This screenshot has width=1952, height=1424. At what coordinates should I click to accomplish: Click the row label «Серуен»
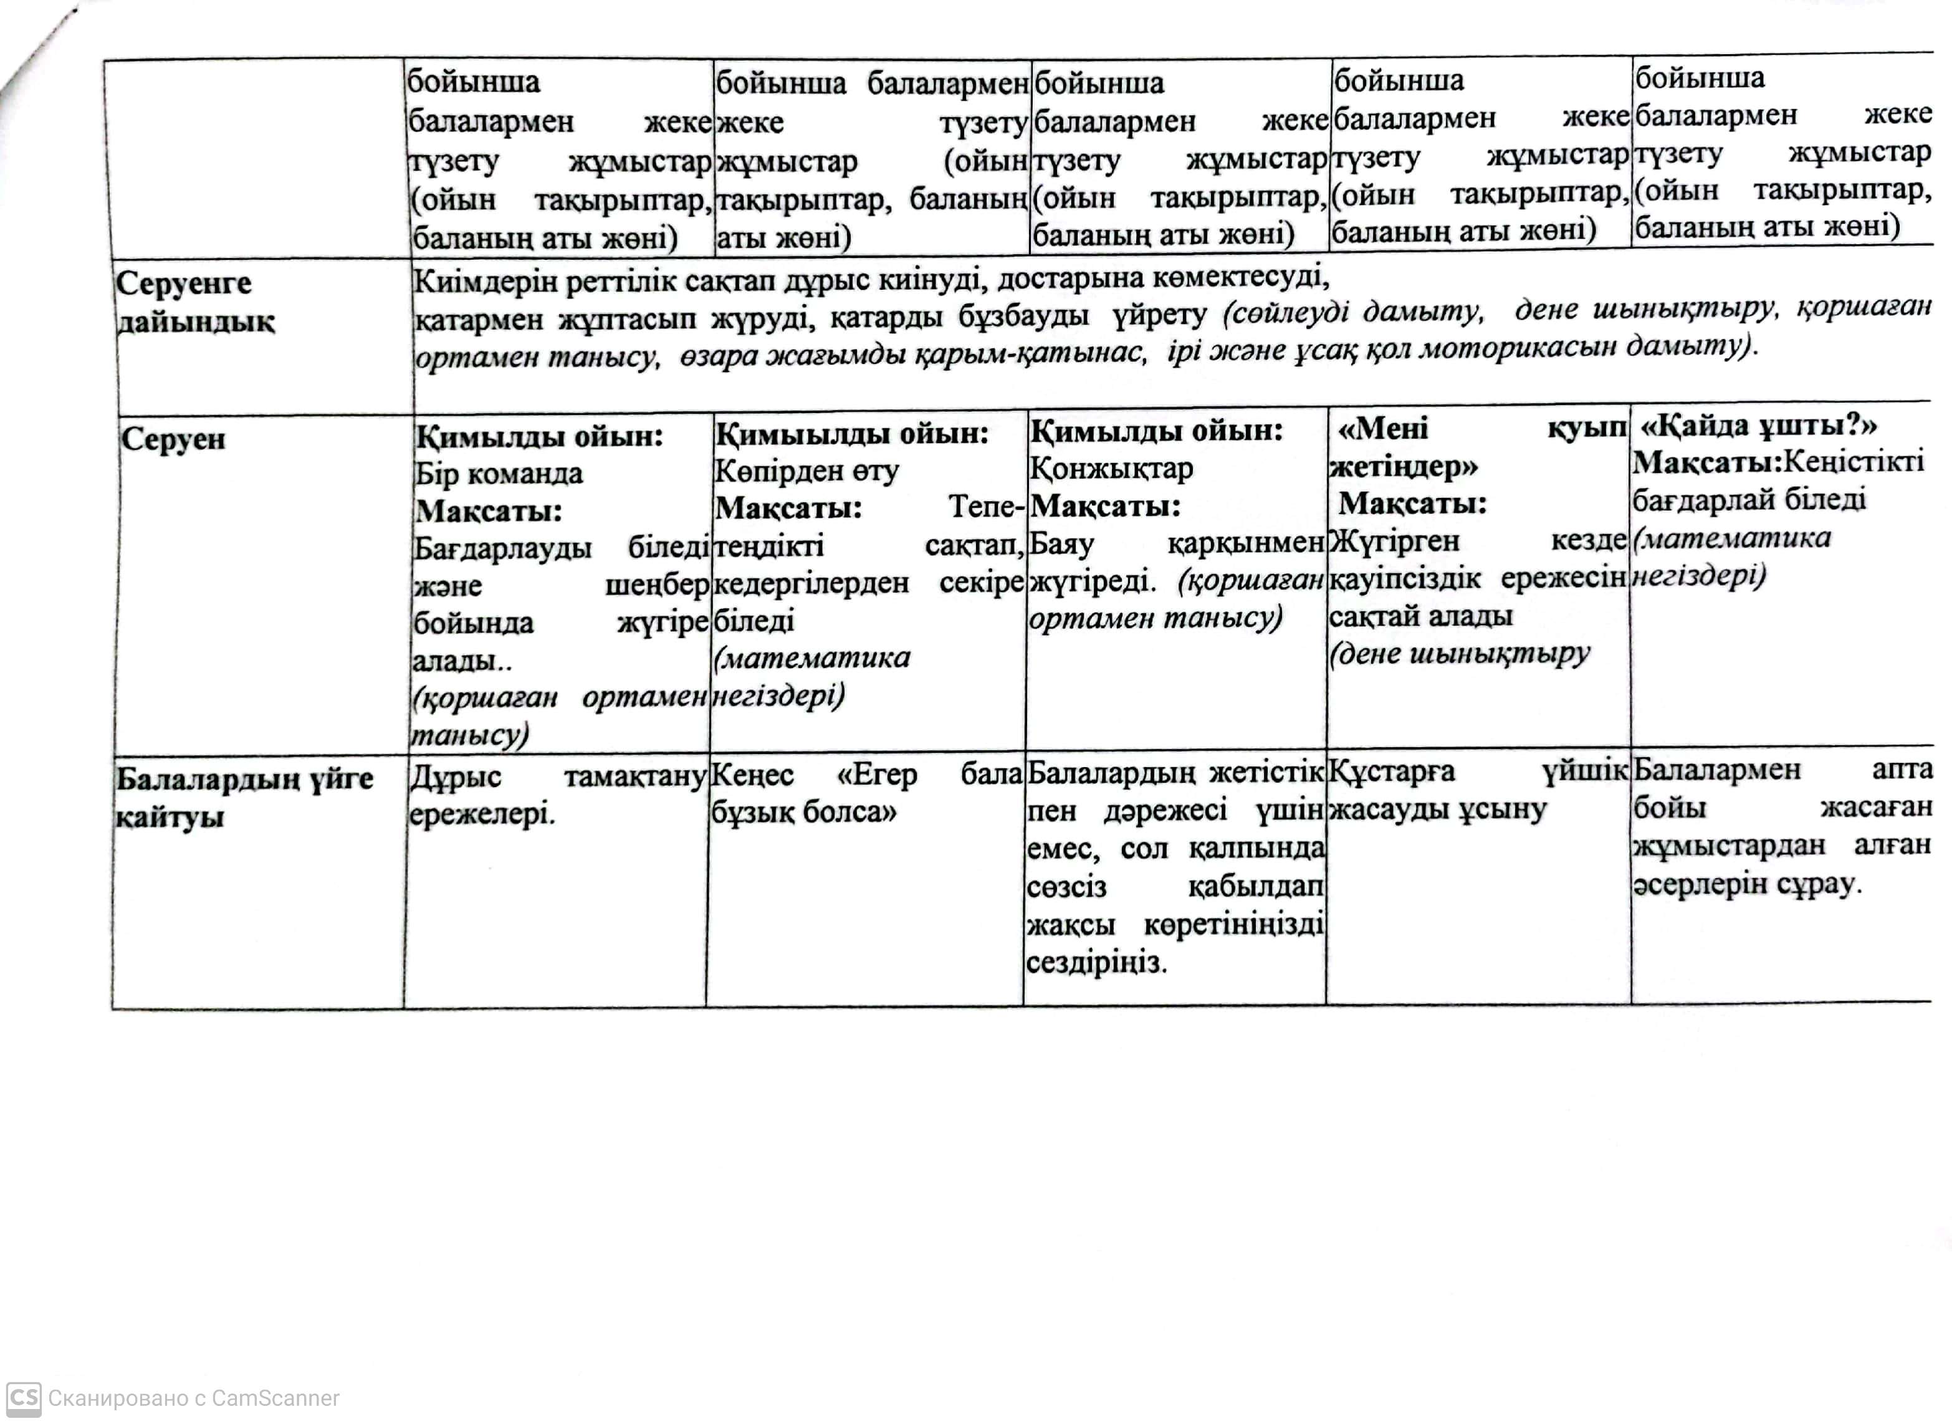[173, 439]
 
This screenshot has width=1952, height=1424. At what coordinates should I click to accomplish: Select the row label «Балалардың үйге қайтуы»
[244, 797]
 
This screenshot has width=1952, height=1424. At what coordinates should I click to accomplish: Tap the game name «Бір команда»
[498, 473]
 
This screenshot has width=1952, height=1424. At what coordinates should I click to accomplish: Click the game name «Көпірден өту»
[806, 471]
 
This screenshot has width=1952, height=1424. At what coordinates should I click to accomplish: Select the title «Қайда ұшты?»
[1758, 425]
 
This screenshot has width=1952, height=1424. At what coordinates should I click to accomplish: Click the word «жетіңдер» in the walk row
[1403, 466]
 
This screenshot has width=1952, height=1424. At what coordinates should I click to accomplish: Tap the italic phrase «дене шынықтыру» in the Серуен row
[1460, 654]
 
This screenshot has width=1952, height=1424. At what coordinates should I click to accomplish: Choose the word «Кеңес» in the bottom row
[752, 774]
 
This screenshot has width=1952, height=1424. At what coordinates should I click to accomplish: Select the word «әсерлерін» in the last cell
[1687, 884]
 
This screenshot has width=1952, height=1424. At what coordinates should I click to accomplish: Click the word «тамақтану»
[634, 776]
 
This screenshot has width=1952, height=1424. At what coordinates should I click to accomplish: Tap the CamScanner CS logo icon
[23, 1397]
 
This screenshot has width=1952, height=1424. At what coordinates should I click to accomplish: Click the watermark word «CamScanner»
[275, 1398]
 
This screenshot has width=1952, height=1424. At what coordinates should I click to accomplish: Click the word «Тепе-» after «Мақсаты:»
[986, 507]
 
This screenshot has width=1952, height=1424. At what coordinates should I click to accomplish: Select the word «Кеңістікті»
[1853, 461]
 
